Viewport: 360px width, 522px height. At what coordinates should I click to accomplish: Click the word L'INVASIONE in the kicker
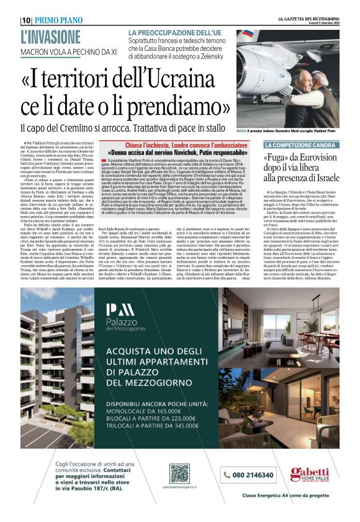(x=50, y=36)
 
